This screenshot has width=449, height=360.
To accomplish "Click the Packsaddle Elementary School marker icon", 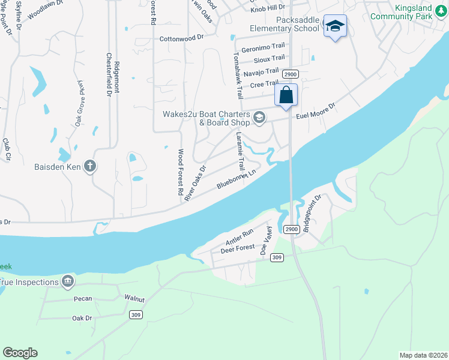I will (x=335, y=26).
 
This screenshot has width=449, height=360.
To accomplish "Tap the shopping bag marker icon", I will (x=286, y=95).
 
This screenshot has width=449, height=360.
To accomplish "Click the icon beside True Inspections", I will (x=68, y=281).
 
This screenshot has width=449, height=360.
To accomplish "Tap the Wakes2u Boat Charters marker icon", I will (x=259, y=117).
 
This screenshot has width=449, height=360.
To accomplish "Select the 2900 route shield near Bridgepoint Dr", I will (x=291, y=229).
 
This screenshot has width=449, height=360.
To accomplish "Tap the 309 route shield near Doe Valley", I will (x=277, y=257).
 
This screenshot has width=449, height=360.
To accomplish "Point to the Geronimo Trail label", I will (x=262, y=47).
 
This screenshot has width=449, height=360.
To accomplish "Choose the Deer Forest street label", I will (x=237, y=248).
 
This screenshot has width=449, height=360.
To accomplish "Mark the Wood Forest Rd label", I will (x=179, y=173).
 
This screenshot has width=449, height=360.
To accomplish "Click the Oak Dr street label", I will (x=82, y=318).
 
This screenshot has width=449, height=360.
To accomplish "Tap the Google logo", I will (x=20, y=353).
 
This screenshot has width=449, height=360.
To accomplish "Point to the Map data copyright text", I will (x=423, y=355).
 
